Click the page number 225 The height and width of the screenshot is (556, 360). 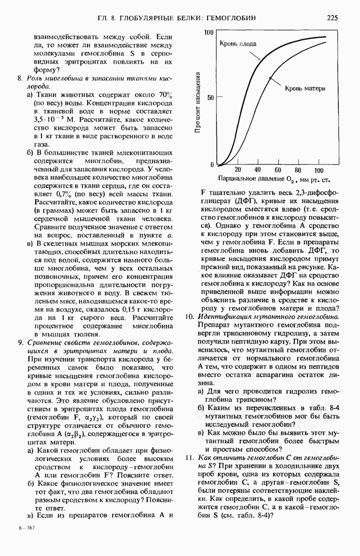332,18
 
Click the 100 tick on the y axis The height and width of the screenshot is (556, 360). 208,33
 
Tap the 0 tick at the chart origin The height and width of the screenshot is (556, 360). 212,165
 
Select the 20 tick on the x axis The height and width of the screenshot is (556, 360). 238,170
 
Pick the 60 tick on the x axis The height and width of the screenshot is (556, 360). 278,170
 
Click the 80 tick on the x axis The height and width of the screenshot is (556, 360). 298,170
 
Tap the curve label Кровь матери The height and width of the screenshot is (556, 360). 304,88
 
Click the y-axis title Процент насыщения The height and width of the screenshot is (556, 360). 198,102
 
